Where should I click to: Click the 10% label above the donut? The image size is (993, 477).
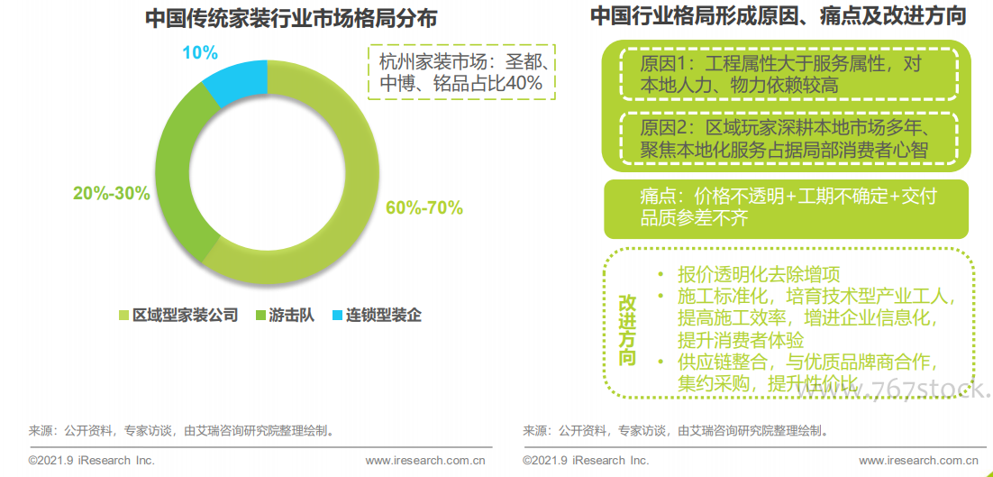click(199, 52)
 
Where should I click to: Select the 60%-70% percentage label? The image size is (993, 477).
click(424, 208)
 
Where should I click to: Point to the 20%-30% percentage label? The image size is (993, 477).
click(111, 193)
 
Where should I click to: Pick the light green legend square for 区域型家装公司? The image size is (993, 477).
click(124, 316)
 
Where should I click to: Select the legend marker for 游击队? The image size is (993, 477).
click(261, 316)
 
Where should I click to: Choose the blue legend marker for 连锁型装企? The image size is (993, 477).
click(337, 316)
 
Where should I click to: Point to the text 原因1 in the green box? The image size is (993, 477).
click(663, 64)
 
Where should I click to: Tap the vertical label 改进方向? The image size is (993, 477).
click(627, 329)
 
